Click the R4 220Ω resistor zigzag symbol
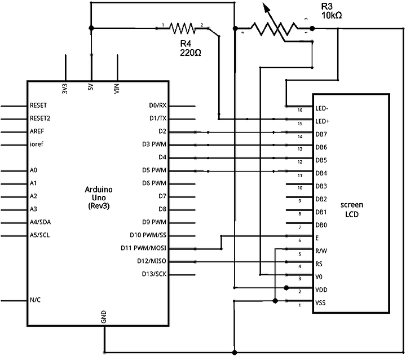point(182,28)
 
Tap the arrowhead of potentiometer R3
point(266,7)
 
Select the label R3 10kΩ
point(332,11)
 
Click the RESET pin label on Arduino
point(38,105)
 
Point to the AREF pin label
point(37,131)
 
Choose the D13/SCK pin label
point(154,274)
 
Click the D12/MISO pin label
point(152,261)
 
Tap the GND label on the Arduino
point(104,317)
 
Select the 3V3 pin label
point(65,89)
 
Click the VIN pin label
point(117,89)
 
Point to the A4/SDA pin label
point(40,222)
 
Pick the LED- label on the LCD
point(322,108)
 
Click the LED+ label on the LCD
point(323,121)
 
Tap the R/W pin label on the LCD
point(321,251)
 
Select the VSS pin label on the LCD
point(320,302)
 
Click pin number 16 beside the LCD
point(300,110)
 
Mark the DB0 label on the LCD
point(321,225)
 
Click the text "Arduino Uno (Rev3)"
point(99,197)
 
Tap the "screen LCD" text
point(352,209)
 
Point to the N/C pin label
point(35,300)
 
